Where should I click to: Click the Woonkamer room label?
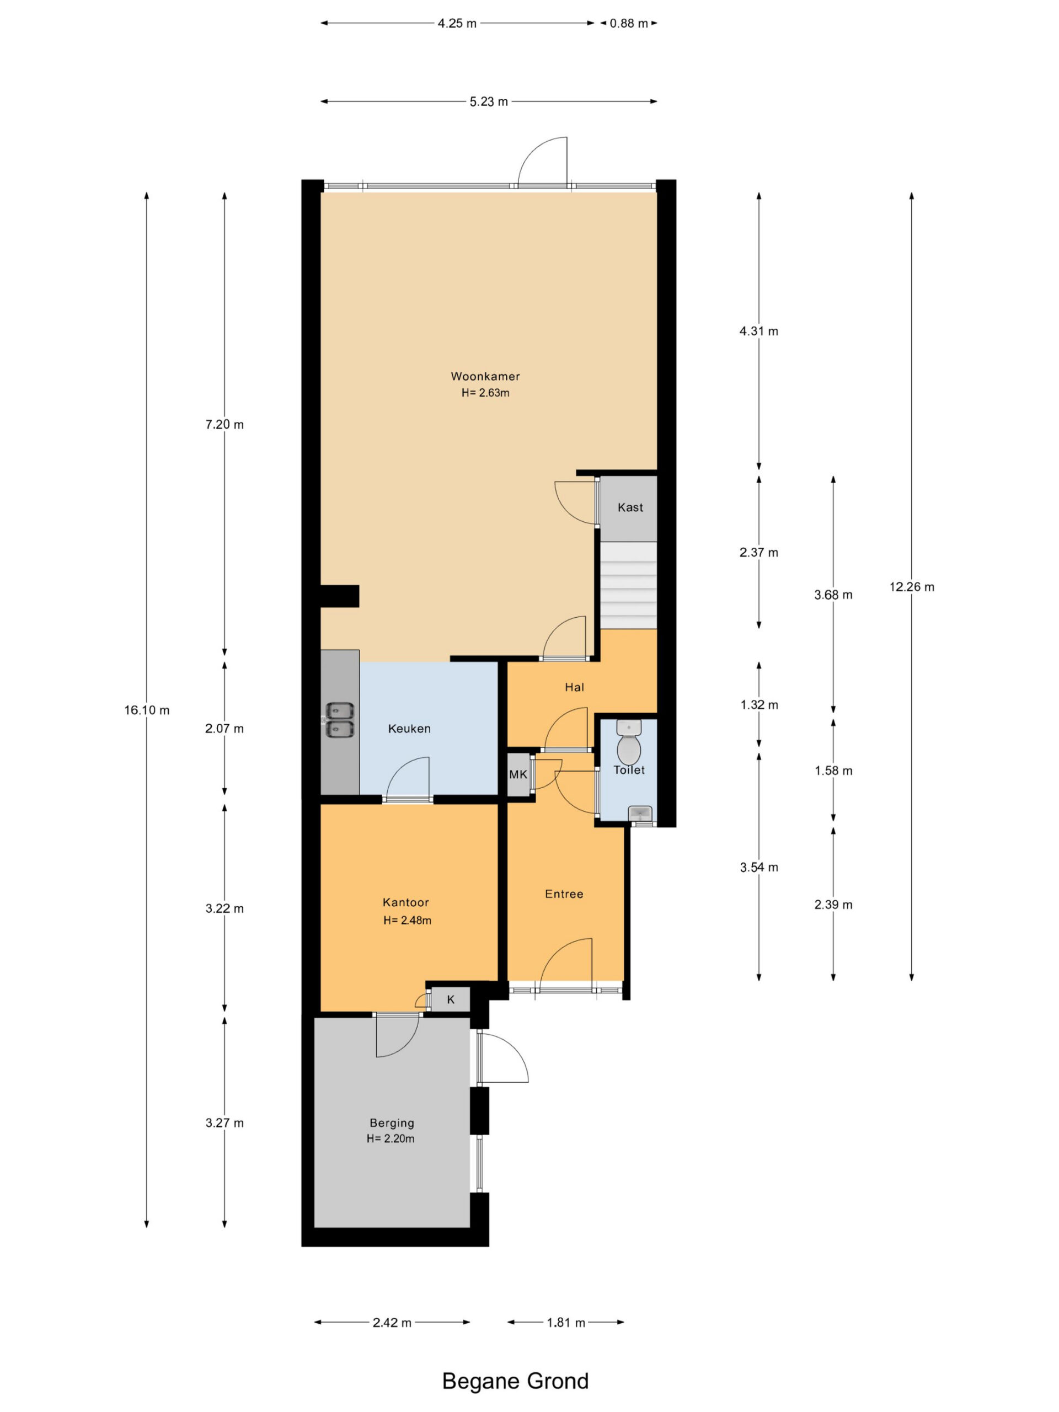click(x=485, y=376)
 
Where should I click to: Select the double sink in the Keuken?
click(x=340, y=719)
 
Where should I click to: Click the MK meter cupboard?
click(x=518, y=774)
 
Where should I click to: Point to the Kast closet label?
click(x=630, y=507)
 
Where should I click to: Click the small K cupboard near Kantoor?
click(x=451, y=999)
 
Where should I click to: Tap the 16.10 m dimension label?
click(x=147, y=710)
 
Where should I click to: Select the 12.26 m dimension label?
click(x=912, y=587)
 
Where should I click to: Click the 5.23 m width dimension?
click(x=489, y=101)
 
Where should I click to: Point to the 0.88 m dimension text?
click(x=629, y=24)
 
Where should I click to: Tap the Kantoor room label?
click(x=405, y=902)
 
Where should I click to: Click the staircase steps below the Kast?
click(x=629, y=585)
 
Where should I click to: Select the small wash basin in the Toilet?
click(x=640, y=813)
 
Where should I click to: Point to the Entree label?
click(x=564, y=894)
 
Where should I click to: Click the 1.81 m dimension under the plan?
click(x=565, y=1323)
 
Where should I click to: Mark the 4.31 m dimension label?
click(x=759, y=330)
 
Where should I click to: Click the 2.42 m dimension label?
click(x=392, y=1323)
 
